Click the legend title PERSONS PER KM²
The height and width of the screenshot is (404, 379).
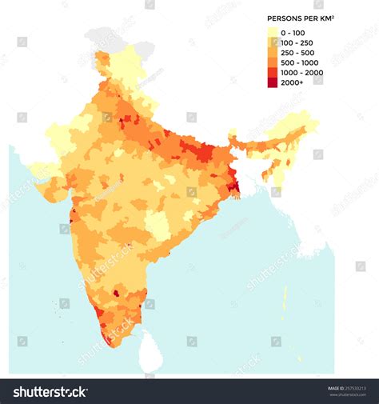click(300, 17)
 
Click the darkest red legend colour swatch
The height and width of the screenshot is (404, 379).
click(273, 82)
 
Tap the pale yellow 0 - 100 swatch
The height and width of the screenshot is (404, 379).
click(273, 32)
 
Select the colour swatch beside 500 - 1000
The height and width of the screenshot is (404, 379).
click(273, 62)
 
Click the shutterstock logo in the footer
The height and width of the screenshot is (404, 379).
click(50, 391)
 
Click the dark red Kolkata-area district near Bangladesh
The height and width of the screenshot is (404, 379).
click(233, 187)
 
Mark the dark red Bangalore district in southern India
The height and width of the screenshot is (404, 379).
click(116, 293)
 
